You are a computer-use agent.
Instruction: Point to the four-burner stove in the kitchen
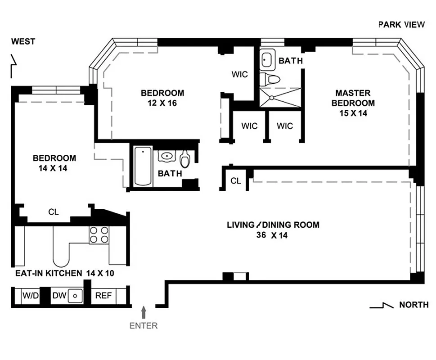point(99,234)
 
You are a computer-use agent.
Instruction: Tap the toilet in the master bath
point(271,79)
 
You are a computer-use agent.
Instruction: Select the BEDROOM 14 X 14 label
point(54,163)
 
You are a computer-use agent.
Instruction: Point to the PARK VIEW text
point(401,24)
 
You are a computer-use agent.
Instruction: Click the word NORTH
point(414,305)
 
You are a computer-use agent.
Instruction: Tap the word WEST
point(23,42)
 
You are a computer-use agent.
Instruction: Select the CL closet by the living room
point(235,181)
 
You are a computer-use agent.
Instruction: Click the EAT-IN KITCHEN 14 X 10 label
point(63,273)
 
